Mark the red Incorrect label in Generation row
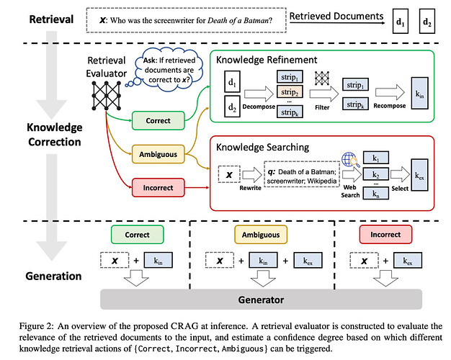coord(385,235)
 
